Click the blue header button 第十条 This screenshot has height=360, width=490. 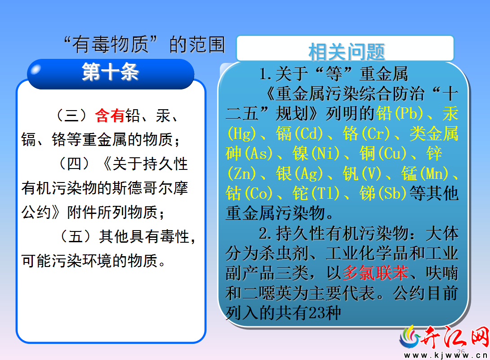[111, 74]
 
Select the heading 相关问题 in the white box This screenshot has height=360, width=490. [346, 52]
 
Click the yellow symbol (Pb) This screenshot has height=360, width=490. [409, 113]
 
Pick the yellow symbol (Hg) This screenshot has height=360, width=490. [241, 133]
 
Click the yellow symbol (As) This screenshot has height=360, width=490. [258, 153]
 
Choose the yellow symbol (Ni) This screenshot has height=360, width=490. [325, 153]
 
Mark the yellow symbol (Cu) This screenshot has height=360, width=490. [392, 153]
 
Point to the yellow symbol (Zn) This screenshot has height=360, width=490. [241, 173]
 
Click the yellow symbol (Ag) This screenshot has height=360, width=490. [308, 173]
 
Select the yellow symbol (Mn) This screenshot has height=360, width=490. [434, 173]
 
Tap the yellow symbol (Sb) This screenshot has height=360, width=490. [392, 193]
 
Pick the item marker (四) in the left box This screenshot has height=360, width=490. [74, 164]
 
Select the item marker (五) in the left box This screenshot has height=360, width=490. [75, 236]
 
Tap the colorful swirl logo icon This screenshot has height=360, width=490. [410, 337]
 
